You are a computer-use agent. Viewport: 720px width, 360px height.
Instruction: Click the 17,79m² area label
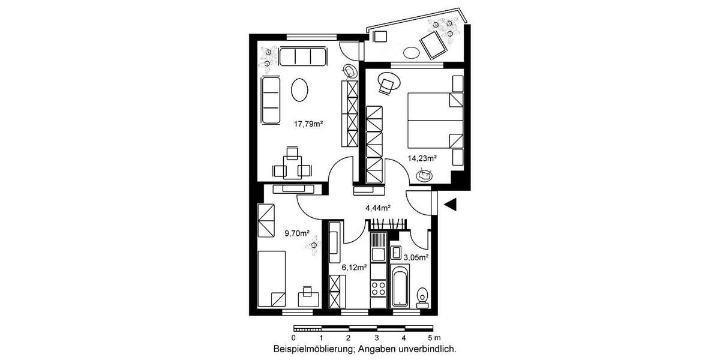coord(308,125)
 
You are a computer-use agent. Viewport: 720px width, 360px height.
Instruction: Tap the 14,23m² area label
coord(422,159)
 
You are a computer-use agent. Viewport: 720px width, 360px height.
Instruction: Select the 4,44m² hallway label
coord(378,208)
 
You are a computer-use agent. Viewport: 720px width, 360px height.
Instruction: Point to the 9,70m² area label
coord(296,233)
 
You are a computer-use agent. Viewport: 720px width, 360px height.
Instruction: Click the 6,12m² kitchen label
coord(353,268)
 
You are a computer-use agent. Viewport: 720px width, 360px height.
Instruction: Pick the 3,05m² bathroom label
coord(416,257)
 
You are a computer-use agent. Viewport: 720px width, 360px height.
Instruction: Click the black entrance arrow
coord(451,205)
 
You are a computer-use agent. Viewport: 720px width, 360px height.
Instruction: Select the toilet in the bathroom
coord(422,296)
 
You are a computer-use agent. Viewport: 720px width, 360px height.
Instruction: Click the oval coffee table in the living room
coord(300,91)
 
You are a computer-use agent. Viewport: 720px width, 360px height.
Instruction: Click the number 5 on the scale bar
coord(430,338)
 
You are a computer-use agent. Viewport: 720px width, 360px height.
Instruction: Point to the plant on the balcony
coord(444,26)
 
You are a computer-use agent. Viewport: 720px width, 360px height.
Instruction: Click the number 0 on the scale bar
coord(293,338)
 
